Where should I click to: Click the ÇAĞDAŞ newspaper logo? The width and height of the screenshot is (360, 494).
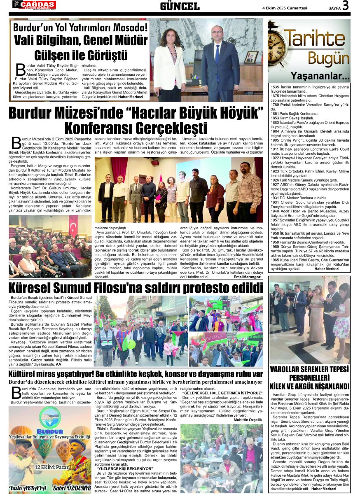pos(34,5)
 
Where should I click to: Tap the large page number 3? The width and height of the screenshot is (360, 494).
pos(345,5)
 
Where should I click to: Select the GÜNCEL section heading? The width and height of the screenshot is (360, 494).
pos(180,6)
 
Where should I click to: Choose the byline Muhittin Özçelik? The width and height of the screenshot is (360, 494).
pos(248,419)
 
